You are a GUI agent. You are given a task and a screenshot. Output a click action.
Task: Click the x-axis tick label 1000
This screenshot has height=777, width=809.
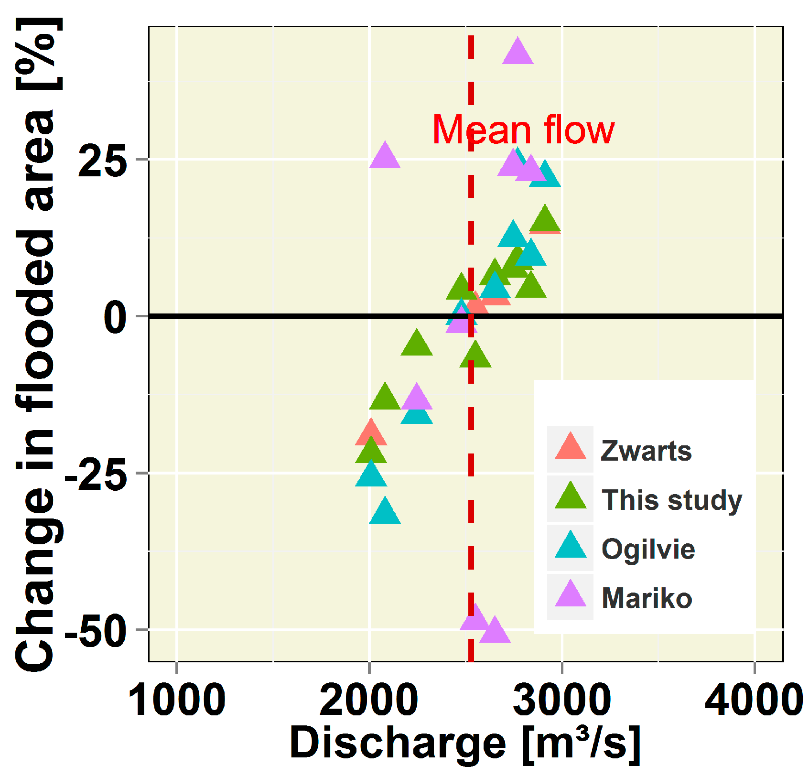click(177, 701)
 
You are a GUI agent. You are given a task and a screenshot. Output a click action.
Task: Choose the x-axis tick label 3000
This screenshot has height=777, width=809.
click(562, 701)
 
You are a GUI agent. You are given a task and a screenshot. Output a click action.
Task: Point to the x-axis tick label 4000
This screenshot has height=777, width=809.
click(754, 701)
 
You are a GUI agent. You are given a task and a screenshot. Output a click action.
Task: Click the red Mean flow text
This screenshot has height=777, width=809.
click(523, 130)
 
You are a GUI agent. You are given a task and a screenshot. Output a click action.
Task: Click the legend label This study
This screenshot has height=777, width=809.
click(671, 500)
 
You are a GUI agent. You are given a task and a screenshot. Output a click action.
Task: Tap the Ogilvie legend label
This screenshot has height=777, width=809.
click(648, 549)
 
